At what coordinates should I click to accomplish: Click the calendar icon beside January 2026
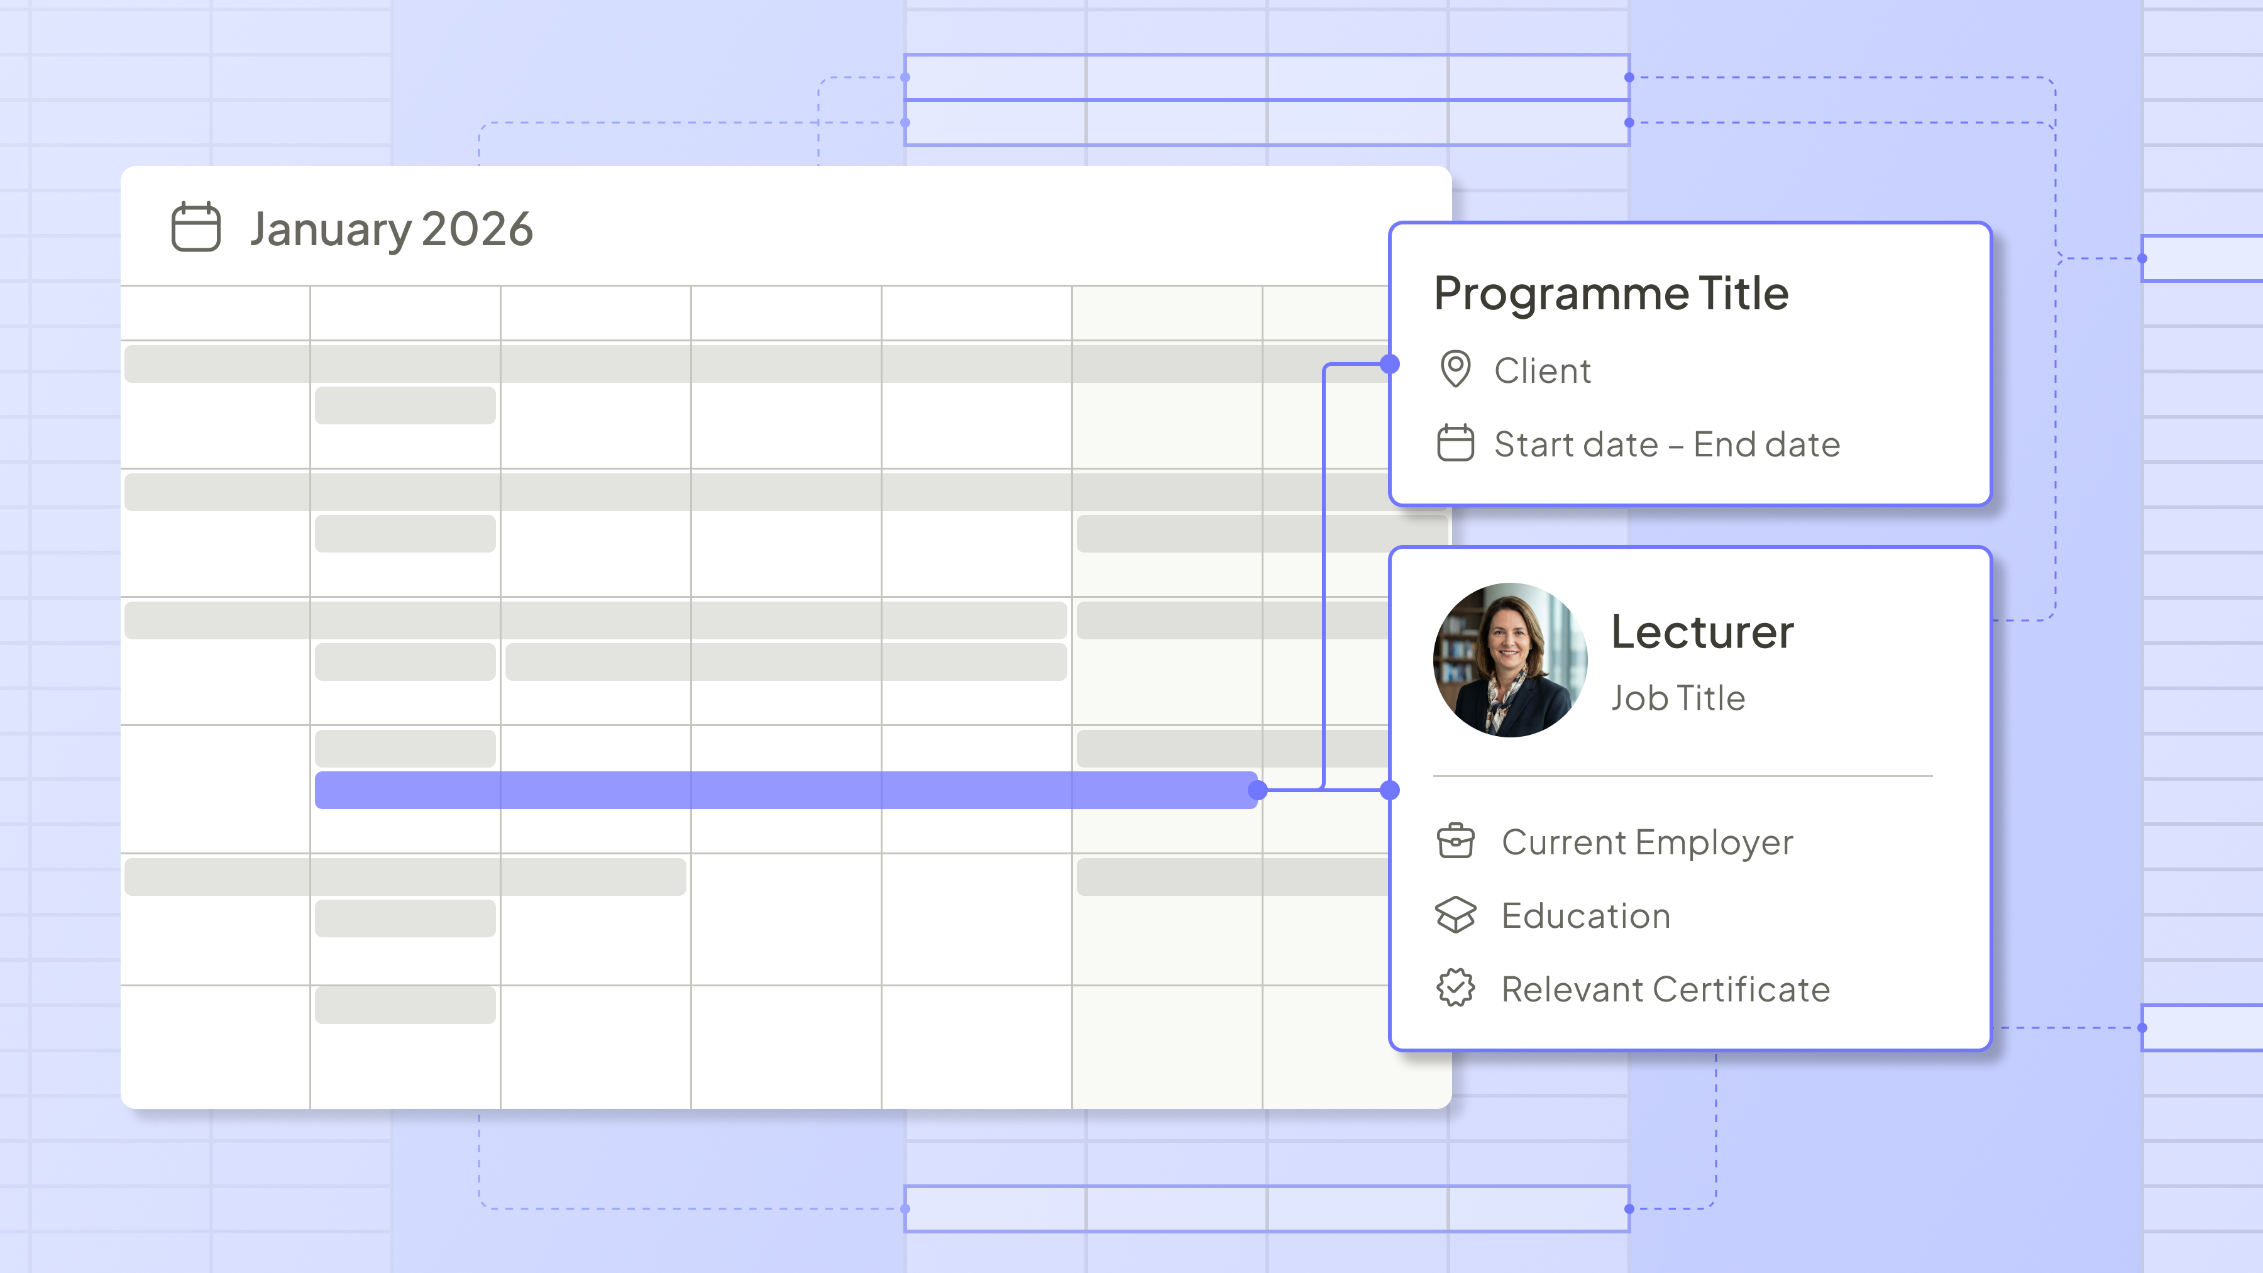point(195,227)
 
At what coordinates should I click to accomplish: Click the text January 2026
point(392,230)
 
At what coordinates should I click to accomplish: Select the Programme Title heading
point(1611,294)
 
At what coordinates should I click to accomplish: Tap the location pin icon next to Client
point(1455,369)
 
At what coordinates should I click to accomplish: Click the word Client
point(1543,371)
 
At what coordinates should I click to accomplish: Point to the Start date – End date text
point(1667,444)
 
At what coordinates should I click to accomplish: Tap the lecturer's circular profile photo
point(1510,660)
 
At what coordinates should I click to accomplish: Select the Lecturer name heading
point(1702,632)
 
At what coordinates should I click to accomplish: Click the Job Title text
point(1678,698)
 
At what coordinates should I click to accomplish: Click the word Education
point(1586,917)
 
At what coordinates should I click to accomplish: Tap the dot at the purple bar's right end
point(1258,790)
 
